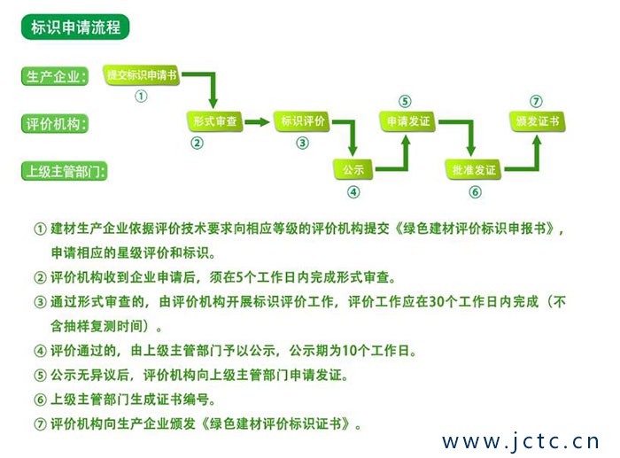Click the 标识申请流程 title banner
tap(75, 27)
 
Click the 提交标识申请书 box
tap(142, 76)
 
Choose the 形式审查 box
tap(213, 121)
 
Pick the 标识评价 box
tap(303, 121)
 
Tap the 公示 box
tap(353, 168)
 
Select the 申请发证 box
tap(407, 121)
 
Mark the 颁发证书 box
tap(537, 121)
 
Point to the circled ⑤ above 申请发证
tap(405, 101)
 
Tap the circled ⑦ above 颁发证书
tap(536, 101)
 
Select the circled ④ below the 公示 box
tap(353, 190)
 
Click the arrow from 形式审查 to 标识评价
tap(256, 121)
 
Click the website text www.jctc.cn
tap(521, 440)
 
